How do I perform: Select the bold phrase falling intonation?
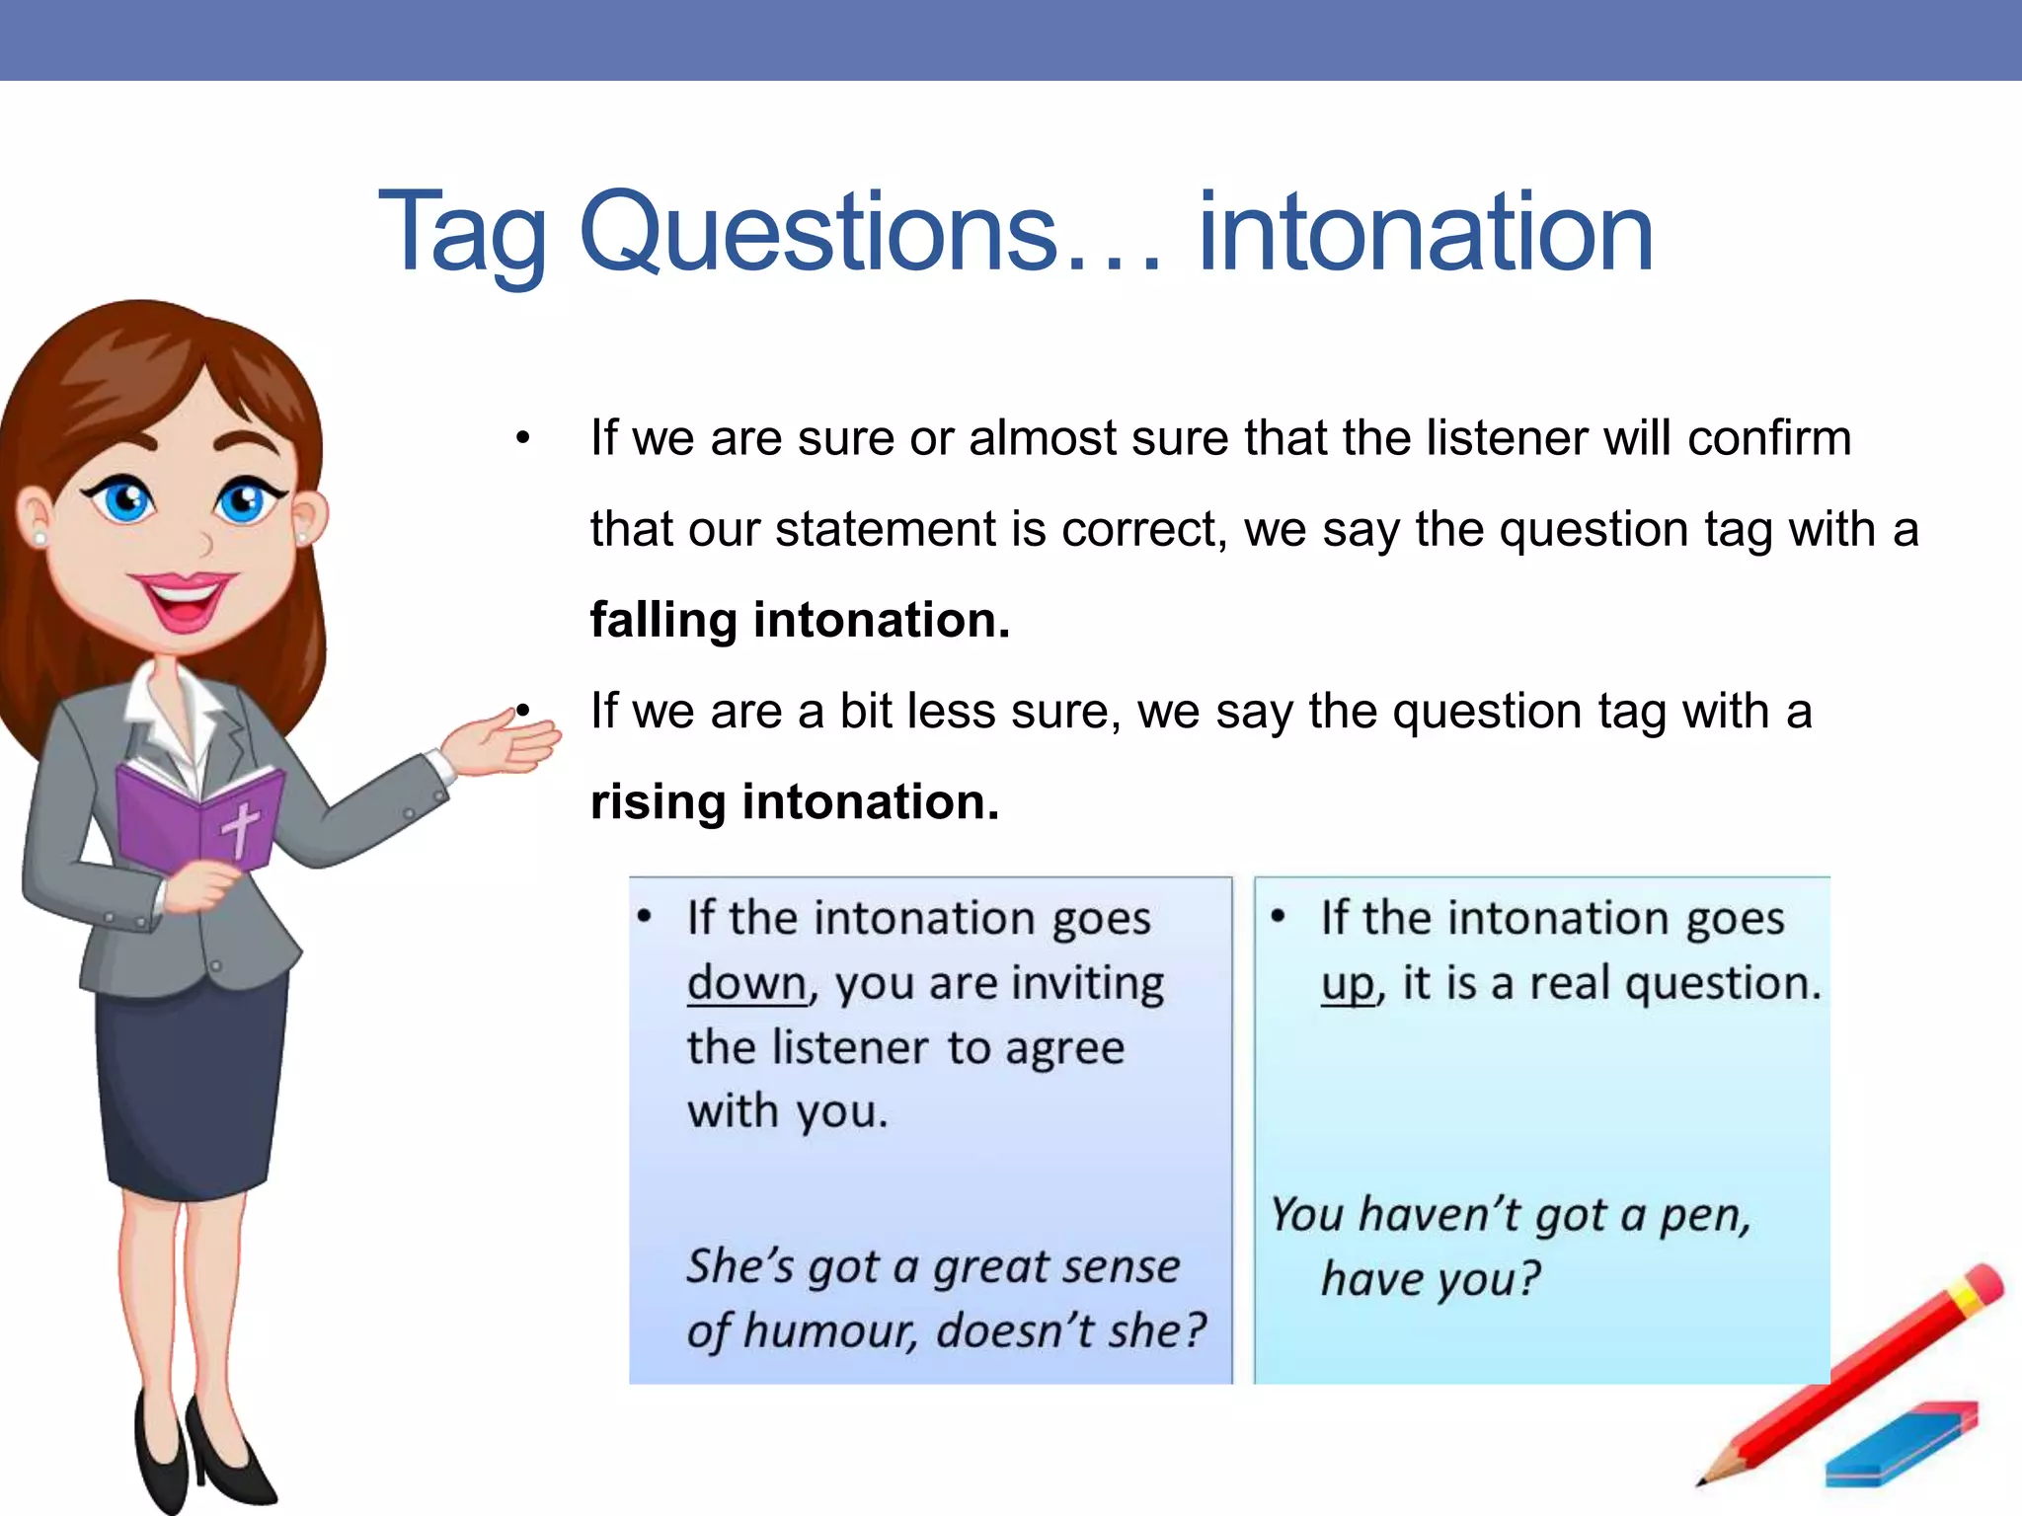(800, 621)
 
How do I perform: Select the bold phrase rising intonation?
(795, 802)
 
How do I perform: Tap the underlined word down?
(747, 984)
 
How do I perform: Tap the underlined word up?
(1348, 984)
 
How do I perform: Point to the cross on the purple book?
(239, 827)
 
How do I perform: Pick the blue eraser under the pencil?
(1901, 1445)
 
